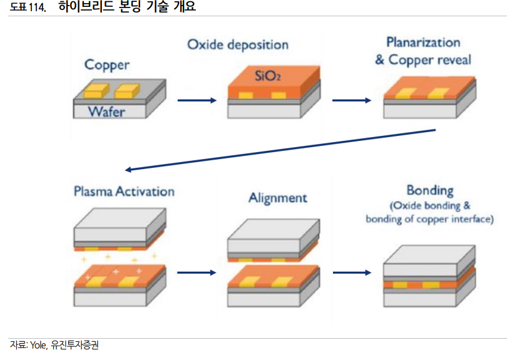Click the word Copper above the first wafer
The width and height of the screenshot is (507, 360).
pyautogui.click(x=107, y=65)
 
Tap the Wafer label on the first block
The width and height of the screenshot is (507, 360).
pyautogui.click(x=106, y=112)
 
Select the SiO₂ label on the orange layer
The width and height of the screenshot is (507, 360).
pyautogui.click(x=267, y=76)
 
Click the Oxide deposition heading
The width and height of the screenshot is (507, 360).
pyautogui.click(x=238, y=45)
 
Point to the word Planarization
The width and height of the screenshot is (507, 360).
pyautogui.click(x=423, y=43)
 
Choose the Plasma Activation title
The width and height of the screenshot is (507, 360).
pyautogui.click(x=124, y=191)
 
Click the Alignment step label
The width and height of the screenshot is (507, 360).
pyautogui.click(x=278, y=198)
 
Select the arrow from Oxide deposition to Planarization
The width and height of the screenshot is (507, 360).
pyautogui.click(x=351, y=100)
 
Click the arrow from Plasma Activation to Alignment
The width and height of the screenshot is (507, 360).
pyautogui.click(x=197, y=272)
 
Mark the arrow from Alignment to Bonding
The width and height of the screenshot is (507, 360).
pyautogui.click(x=351, y=272)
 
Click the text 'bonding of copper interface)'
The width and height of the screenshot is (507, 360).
pyautogui.click(x=429, y=219)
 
